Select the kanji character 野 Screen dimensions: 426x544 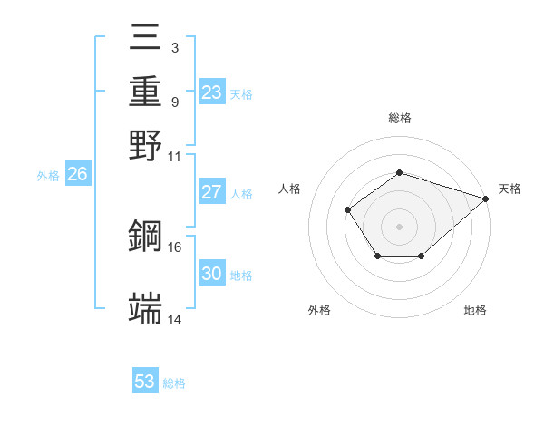pyautogui.click(x=146, y=144)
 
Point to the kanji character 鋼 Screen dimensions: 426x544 pyautogui.click(x=146, y=237)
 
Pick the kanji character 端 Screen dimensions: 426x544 pyautogui.click(x=146, y=308)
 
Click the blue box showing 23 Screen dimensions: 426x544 pyautogui.click(x=212, y=92)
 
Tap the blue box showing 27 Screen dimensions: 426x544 pyautogui.click(x=212, y=192)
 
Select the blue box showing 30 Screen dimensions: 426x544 pyautogui.click(x=212, y=274)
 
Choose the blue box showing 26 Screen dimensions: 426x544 pyautogui.click(x=78, y=175)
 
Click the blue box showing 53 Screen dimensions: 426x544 pyautogui.click(x=145, y=382)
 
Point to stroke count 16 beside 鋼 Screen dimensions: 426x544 pyautogui.click(x=175, y=247)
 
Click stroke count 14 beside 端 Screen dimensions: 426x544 pyautogui.click(x=175, y=319)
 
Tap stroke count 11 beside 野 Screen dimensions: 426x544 pyautogui.click(x=175, y=155)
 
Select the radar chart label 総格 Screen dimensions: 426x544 pyautogui.click(x=399, y=118)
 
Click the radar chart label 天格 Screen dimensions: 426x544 pyautogui.click(x=510, y=189)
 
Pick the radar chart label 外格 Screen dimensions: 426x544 pyautogui.click(x=319, y=310)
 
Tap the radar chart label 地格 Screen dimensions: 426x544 pyautogui.click(x=475, y=310)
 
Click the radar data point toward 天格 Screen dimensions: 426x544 pyautogui.click(x=487, y=198)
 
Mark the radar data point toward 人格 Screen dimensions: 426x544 pyautogui.click(x=348, y=210)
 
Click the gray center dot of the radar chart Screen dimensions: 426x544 pyautogui.click(x=399, y=226)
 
